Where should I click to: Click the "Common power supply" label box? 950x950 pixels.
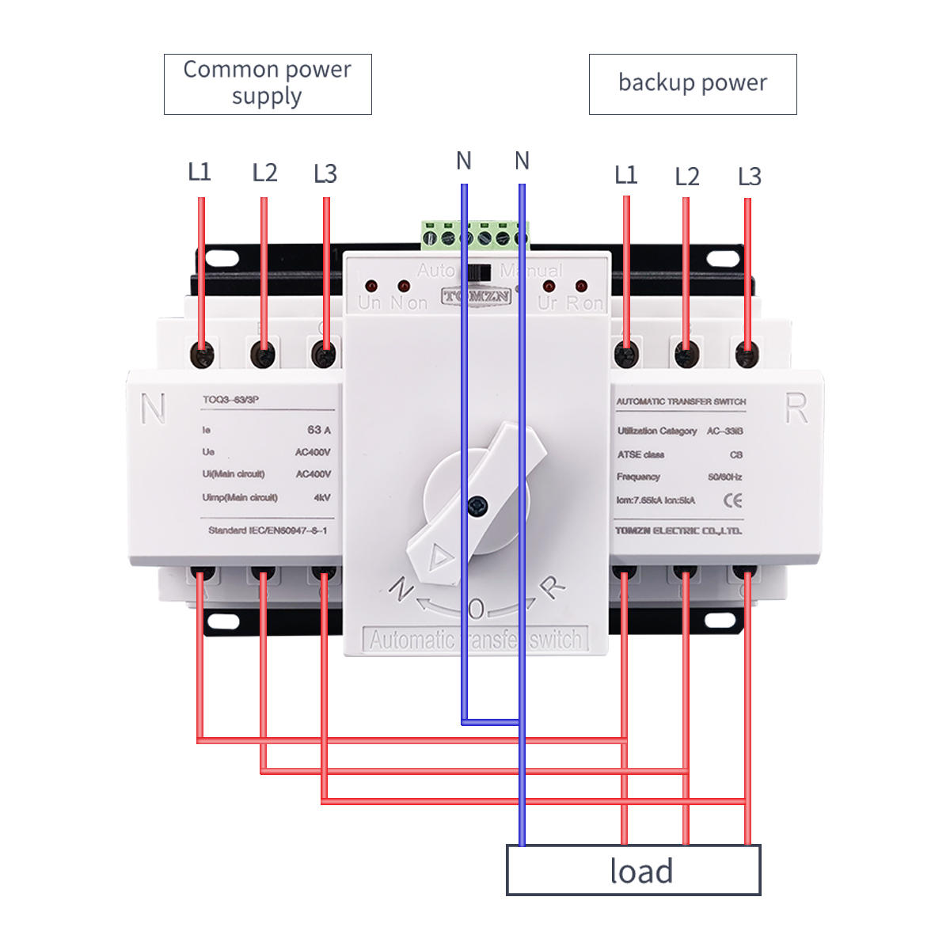[268, 84]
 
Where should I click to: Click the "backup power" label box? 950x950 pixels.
[693, 84]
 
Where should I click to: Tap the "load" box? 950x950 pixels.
[633, 870]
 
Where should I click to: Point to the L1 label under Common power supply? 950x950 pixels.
[199, 172]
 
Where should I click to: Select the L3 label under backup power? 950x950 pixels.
[749, 177]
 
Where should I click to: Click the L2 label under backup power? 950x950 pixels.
[687, 177]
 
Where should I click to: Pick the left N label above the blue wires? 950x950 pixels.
[464, 161]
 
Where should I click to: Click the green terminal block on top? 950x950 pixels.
[474, 235]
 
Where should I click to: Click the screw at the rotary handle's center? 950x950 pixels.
[477, 505]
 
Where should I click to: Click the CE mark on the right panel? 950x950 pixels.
[733, 500]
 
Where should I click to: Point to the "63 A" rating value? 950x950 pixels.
[319, 430]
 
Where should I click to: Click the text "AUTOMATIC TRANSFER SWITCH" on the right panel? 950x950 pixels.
[681, 401]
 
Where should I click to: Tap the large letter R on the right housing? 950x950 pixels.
[796, 408]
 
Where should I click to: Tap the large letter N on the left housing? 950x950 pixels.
[153, 408]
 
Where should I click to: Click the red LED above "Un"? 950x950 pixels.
[370, 285]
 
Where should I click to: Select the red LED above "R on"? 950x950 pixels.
[581, 286]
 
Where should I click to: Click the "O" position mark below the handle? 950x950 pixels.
[476, 609]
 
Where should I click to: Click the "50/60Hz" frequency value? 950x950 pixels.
[724, 477]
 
